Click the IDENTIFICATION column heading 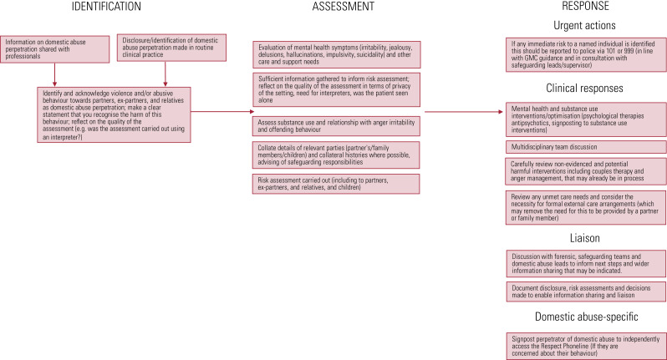point(83,7)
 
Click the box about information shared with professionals point(56,47)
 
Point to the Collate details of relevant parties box point(337,155)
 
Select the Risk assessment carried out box point(337,182)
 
